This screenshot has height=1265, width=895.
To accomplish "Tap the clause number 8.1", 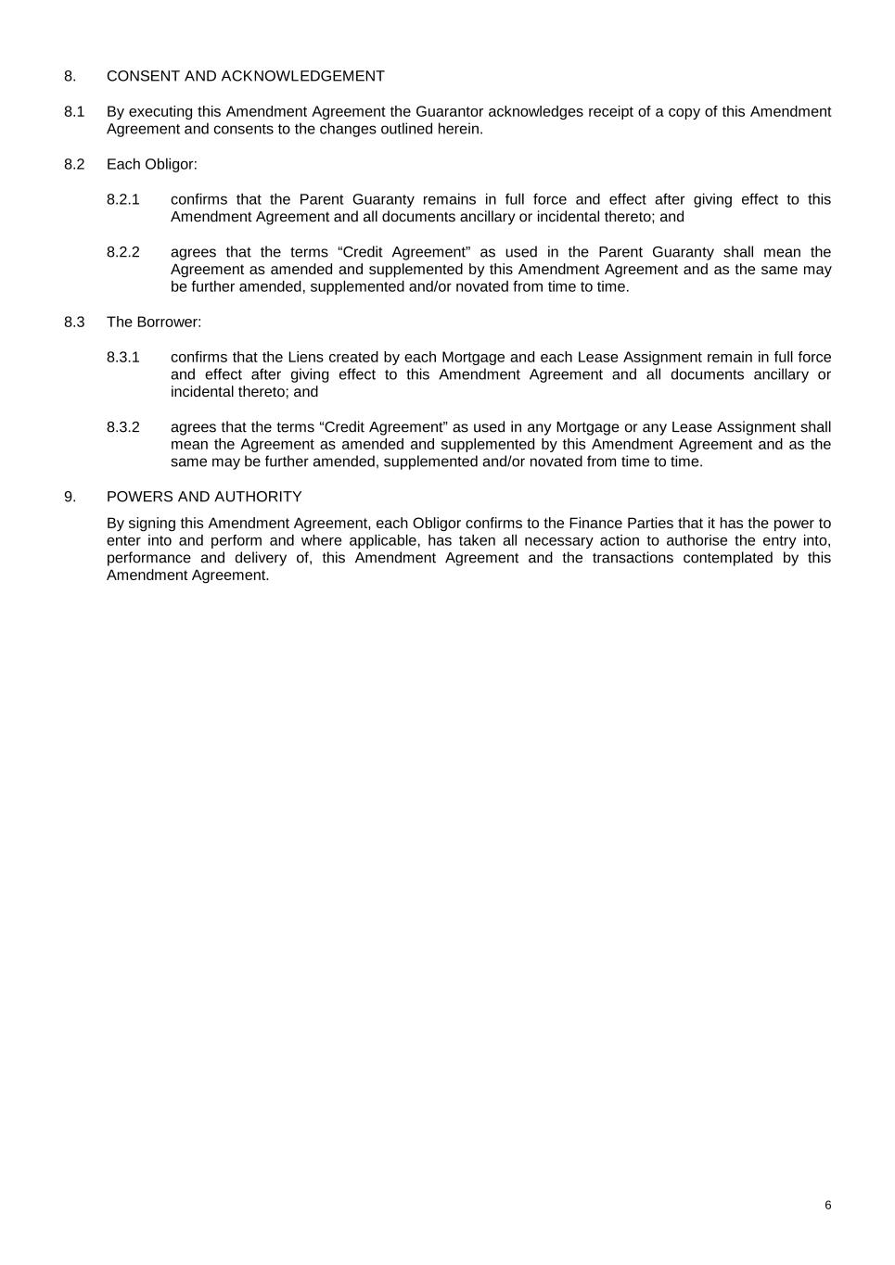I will [74, 111].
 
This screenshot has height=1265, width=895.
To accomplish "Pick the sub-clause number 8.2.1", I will [123, 199].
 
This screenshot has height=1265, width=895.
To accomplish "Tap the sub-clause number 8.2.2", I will [123, 252].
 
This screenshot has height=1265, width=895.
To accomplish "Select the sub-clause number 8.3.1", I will [123, 357].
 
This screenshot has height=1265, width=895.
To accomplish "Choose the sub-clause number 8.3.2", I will [123, 427].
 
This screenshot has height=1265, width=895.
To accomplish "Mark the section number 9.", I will [70, 497].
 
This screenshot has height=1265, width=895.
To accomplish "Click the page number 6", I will [828, 1205].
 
